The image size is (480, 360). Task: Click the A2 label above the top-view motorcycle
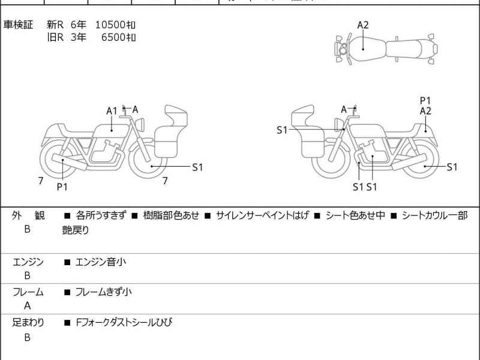click(x=363, y=25)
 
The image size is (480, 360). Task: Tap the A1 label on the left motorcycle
click(x=112, y=110)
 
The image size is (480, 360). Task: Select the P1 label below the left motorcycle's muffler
click(x=62, y=187)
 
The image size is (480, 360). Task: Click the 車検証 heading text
click(x=19, y=25)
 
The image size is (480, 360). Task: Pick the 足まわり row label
click(x=28, y=323)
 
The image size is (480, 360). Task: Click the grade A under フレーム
click(x=28, y=305)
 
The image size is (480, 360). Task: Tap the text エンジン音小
click(x=100, y=262)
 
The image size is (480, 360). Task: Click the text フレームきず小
click(x=103, y=292)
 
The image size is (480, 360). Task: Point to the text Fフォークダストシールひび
click(x=124, y=323)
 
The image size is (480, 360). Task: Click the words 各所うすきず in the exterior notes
click(x=101, y=215)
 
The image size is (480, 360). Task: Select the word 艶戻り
click(x=76, y=229)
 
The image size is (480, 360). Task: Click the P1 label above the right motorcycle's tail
click(x=425, y=100)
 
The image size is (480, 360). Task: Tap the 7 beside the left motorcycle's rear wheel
click(x=40, y=180)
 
